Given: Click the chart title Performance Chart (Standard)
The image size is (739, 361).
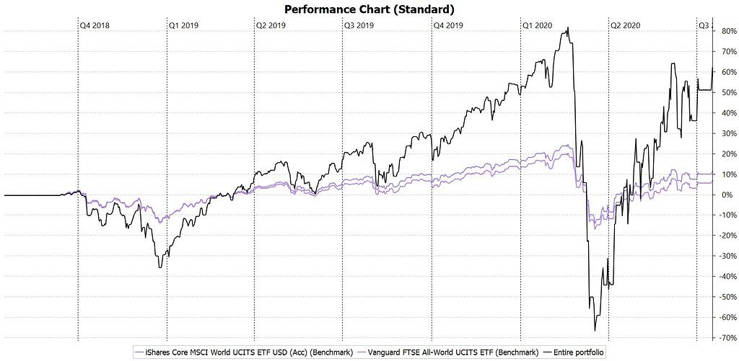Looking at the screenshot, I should [369, 9].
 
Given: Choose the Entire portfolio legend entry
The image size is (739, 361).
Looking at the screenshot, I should [574, 352].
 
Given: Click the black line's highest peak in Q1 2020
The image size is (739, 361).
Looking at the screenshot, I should [568, 28].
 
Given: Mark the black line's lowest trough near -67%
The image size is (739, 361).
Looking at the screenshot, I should [595, 331].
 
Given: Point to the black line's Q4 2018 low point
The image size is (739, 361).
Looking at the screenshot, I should [160, 267].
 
